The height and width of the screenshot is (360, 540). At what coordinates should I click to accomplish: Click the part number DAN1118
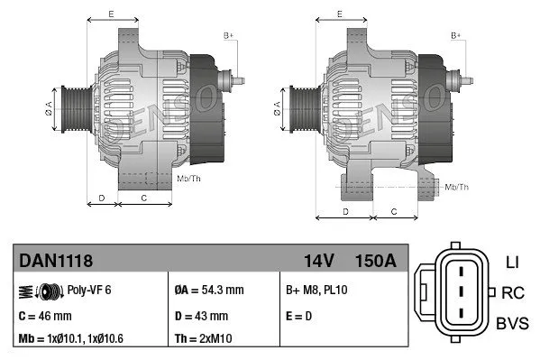pos(56,261)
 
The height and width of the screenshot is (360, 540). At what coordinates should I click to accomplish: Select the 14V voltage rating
pos(318,261)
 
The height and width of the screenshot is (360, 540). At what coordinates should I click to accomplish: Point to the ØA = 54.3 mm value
pos(208,291)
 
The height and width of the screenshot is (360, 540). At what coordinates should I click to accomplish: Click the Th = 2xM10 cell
pos(202,339)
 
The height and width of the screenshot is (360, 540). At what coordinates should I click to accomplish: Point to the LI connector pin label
pos(512,263)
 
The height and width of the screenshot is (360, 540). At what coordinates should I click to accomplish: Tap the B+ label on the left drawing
pos(229,34)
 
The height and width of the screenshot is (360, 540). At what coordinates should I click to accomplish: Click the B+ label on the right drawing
pos(456,34)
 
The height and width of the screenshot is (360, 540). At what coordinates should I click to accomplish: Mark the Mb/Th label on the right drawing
pos(457,187)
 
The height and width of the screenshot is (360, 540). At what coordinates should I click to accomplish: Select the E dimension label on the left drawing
pos(110,14)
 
